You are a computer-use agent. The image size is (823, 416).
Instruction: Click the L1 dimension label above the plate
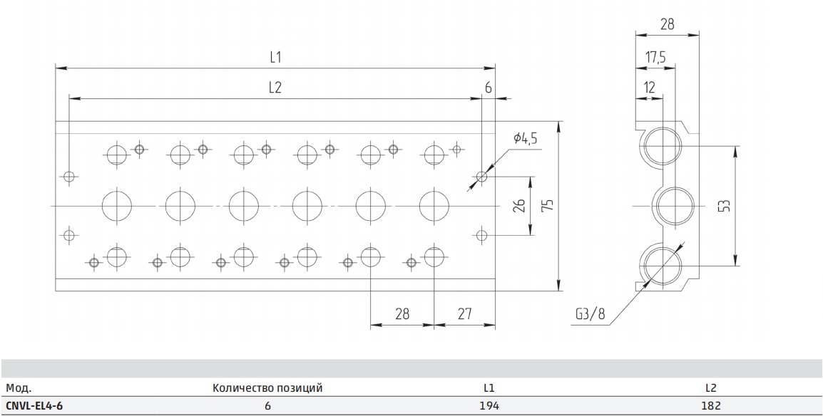(275, 57)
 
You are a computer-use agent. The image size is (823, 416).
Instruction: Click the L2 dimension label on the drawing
(275, 87)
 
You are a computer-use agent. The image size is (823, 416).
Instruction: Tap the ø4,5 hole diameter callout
(526, 138)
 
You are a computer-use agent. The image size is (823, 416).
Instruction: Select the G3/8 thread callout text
(591, 314)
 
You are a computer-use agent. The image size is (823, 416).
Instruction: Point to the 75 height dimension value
(548, 205)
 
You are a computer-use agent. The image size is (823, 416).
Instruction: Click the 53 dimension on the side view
(724, 205)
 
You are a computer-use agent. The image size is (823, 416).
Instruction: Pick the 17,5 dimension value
(655, 56)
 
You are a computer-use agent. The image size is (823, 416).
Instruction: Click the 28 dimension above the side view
(667, 24)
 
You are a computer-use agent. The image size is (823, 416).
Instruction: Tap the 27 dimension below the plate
(464, 313)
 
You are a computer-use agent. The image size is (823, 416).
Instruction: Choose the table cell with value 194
(489, 405)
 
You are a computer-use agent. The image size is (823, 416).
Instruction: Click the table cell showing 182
(711, 405)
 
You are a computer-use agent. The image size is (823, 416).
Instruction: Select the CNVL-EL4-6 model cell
(34, 405)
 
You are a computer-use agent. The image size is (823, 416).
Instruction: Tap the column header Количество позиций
(267, 388)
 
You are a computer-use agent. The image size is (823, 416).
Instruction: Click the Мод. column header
(19, 388)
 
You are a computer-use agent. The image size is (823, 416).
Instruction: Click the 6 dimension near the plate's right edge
(488, 88)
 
